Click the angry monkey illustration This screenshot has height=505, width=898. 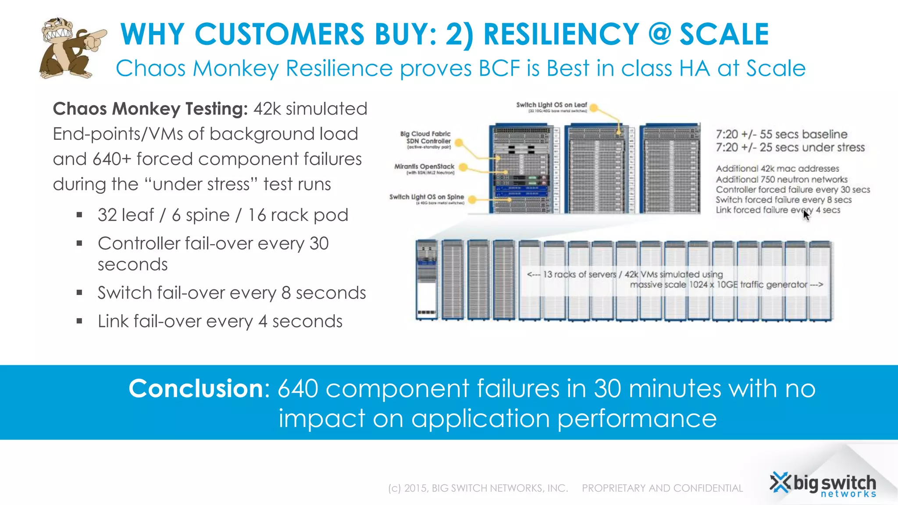point(70,48)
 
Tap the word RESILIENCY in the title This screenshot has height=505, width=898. point(561,34)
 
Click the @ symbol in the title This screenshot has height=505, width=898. point(659,34)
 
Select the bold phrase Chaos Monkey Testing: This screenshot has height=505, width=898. point(150,109)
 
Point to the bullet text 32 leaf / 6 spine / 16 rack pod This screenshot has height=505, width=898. point(223,215)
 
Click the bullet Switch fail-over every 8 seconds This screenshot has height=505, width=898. point(232,293)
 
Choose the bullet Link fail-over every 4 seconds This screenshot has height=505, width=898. point(220,321)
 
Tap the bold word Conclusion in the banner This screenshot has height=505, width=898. point(196,388)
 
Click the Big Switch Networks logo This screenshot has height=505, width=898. point(823,485)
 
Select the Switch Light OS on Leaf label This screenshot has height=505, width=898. point(551,106)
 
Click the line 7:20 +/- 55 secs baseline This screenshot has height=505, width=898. point(781,134)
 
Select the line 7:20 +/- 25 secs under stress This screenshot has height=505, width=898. point(790,148)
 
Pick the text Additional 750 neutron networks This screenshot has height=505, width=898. point(781,179)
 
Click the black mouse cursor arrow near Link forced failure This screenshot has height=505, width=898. point(806,215)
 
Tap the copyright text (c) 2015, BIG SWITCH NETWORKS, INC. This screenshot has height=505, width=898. point(478,488)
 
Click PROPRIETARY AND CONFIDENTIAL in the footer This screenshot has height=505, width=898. point(662,488)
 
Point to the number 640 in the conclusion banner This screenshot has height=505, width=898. point(298,388)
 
